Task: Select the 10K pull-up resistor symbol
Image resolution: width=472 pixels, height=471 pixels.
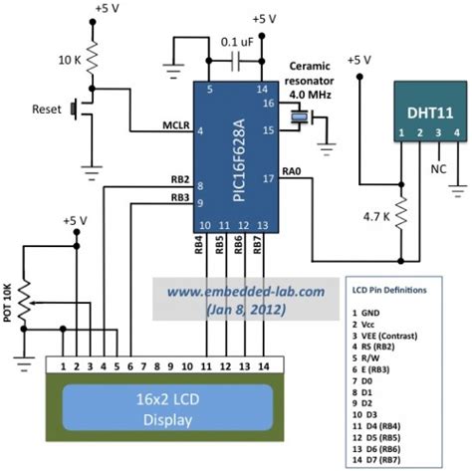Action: (93, 58)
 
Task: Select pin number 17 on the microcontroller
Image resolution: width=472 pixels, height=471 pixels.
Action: (266, 179)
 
